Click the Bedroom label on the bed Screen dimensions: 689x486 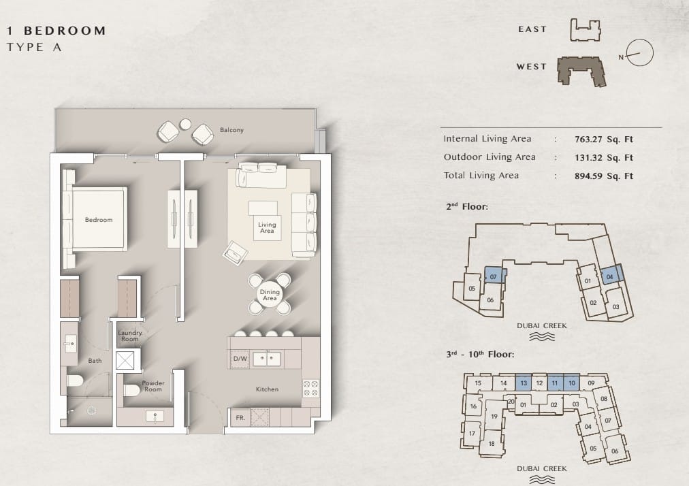(x=99, y=220)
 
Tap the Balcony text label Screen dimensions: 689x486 (x=231, y=130)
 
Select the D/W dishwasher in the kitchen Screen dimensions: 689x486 (x=240, y=359)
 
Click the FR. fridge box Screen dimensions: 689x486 (x=240, y=417)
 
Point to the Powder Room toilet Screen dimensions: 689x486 (x=131, y=390)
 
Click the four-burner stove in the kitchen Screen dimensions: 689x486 (x=310, y=389)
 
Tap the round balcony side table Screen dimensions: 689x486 (x=185, y=125)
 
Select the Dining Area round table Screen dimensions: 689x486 (x=270, y=295)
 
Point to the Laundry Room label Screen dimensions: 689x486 (x=130, y=336)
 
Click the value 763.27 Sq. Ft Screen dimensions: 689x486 (x=604, y=140)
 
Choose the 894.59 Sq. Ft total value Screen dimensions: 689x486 (x=604, y=176)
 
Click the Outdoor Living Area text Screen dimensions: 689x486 (x=490, y=157)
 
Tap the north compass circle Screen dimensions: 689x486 (x=640, y=52)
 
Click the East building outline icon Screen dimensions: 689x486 (x=586, y=30)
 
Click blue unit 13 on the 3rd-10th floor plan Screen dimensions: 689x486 (x=524, y=383)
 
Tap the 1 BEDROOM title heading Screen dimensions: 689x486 (x=57, y=31)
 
